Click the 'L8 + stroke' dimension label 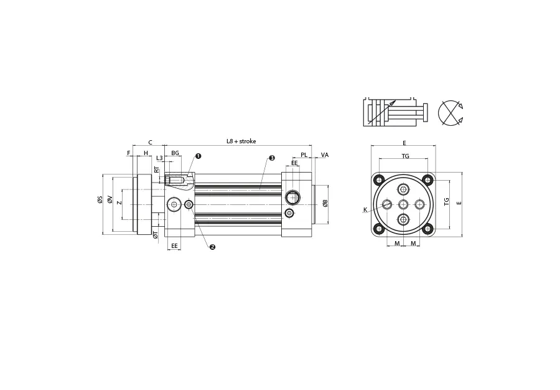pos(241,141)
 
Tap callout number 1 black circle pos(198,156)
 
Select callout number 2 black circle pos(213,247)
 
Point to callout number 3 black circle pos(272,158)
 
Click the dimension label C pos(151,142)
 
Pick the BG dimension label pos(175,153)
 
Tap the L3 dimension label pos(160,158)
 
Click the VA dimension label pos(325,155)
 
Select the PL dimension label pos(304,155)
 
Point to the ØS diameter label pos(100,200)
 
